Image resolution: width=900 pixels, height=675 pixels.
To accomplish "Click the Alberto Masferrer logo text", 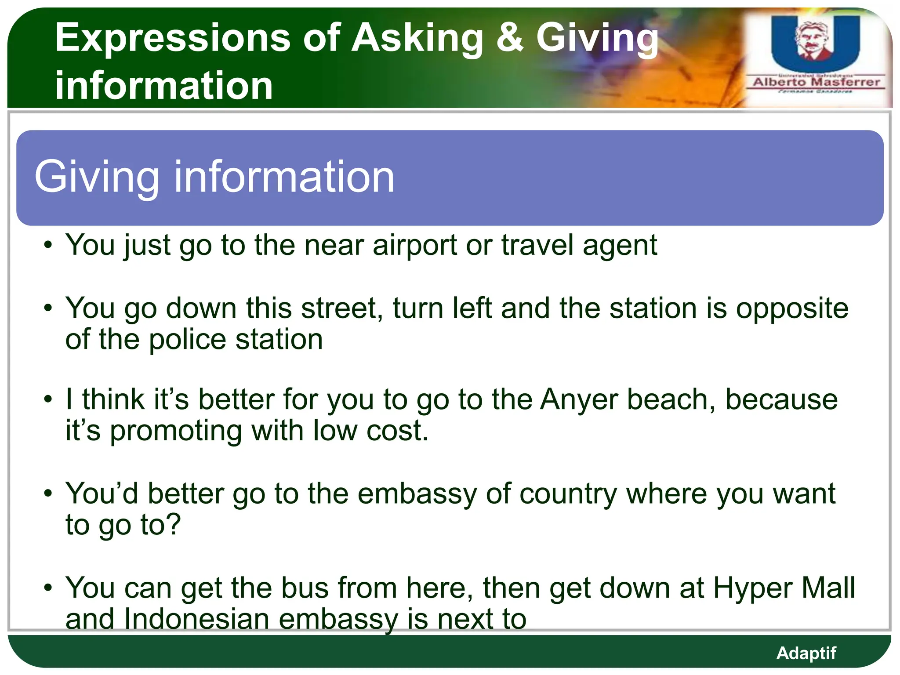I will click(x=817, y=82).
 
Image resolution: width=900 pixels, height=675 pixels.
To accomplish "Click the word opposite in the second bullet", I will click(x=792, y=308).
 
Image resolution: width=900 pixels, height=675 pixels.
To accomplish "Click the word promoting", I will click(x=176, y=431).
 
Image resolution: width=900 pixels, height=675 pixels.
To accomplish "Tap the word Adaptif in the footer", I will click(x=806, y=653).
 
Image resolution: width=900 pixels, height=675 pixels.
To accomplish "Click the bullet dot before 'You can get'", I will click(x=48, y=588).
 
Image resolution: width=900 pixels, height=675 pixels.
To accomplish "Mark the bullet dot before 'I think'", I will click(x=48, y=399).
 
